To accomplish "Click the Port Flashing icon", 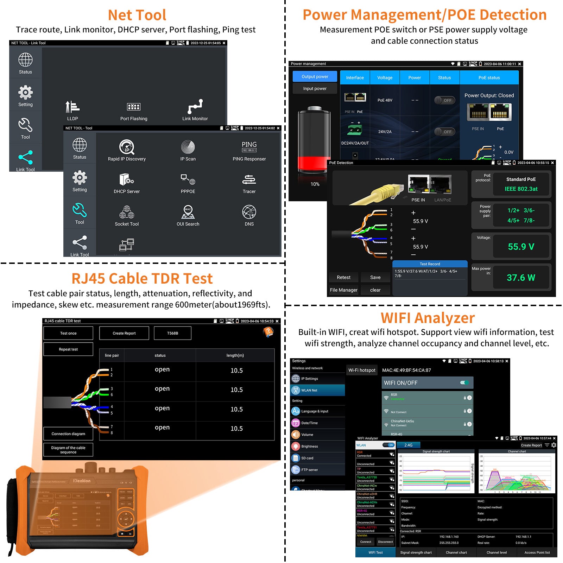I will [x=134, y=107].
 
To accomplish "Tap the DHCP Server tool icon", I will [x=127, y=180].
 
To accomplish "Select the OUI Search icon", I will [x=188, y=212].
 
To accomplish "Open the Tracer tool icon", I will [x=249, y=180].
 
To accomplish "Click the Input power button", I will [x=315, y=89].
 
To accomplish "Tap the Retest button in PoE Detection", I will [x=343, y=277].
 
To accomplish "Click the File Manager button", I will [x=343, y=290].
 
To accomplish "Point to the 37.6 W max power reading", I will [x=521, y=278].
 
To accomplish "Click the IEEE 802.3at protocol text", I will [x=521, y=189].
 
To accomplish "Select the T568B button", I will [x=172, y=333].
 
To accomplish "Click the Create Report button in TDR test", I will [x=124, y=333].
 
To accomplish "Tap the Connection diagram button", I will [x=68, y=434].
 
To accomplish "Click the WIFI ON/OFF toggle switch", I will [x=464, y=383].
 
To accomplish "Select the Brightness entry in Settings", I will [x=309, y=447].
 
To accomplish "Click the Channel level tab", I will [x=496, y=552].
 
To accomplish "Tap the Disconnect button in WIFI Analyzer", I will [x=385, y=542].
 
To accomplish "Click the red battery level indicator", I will [x=314, y=164].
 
